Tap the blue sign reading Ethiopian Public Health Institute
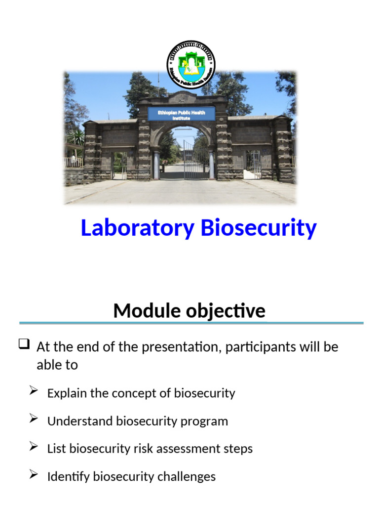pyautogui.click(x=181, y=115)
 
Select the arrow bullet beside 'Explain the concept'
pyautogui.click(x=34, y=391)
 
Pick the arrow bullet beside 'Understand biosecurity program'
pyautogui.click(x=34, y=419)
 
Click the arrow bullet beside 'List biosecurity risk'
pyautogui.click(x=34, y=447)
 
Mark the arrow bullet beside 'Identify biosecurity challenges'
pyautogui.click(x=34, y=475)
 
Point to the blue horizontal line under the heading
pyautogui.click(x=191, y=323)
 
